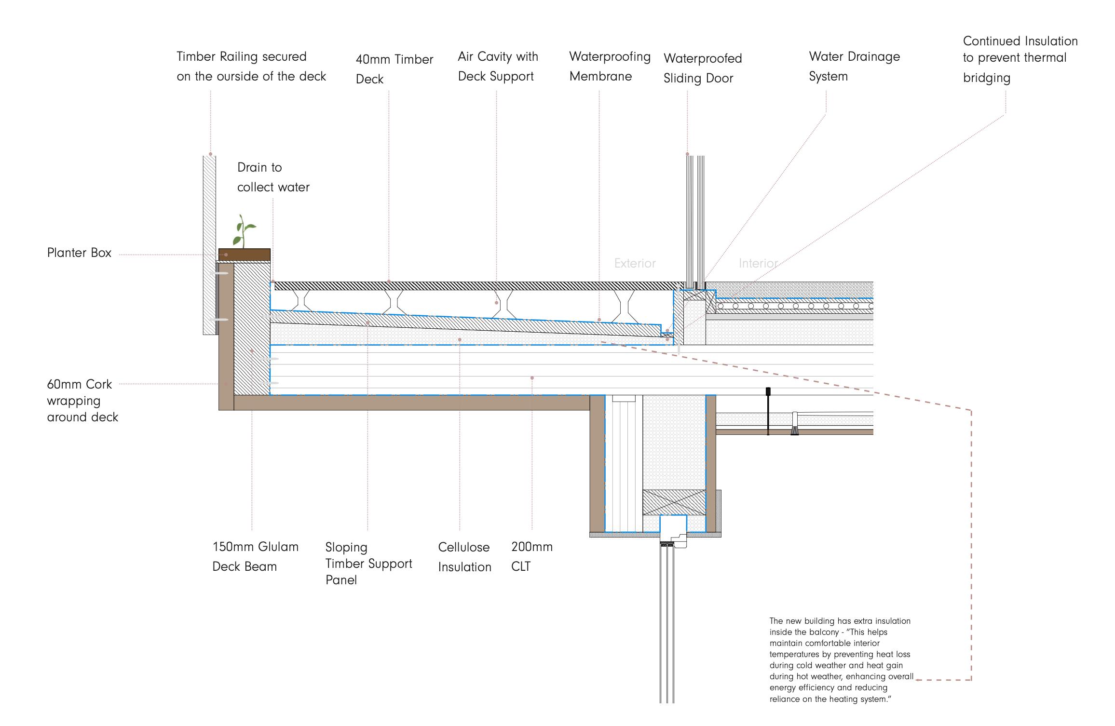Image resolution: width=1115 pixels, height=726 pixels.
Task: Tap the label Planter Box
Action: pos(79,253)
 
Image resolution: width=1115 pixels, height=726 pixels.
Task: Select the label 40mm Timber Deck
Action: pos(394,69)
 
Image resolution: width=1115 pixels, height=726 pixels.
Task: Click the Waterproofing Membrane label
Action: pos(610,67)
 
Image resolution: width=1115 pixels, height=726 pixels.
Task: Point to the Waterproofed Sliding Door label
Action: pos(702,68)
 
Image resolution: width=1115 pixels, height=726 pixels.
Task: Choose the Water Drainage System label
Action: pos(854,67)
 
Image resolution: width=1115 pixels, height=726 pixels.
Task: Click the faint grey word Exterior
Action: pos(635,264)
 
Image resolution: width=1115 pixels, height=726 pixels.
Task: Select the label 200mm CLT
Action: pos(531,556)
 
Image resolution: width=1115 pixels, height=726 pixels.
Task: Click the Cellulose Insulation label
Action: pos(464,557)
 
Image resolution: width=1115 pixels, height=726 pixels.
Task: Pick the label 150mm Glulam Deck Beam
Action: pos(255,556)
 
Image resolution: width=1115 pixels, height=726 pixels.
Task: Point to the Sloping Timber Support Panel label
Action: pos(368,564)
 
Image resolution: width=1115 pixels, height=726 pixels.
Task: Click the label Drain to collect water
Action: pos(273,177)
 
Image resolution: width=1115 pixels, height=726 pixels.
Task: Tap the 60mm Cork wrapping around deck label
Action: pos(82,401)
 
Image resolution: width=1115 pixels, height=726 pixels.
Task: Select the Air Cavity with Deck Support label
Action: pos(498,67)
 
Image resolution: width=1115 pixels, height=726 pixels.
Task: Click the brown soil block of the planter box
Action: pos(245,255)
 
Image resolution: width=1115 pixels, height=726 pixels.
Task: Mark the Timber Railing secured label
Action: pos(251,67)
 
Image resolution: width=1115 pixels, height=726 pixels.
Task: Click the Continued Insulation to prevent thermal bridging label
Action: pos(1020,59)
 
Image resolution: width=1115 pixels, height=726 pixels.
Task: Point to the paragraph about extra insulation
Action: pos(841,660)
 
